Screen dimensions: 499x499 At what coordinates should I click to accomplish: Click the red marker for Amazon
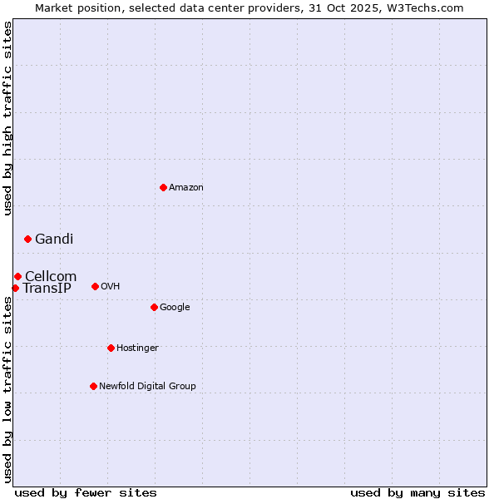[163, 187]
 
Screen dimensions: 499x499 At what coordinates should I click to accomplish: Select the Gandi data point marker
[27, 239]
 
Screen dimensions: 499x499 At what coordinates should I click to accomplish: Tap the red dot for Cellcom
[17, 276]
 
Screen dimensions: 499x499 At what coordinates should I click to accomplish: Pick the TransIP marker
[15, 288]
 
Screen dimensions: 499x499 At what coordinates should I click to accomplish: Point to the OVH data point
[95, 286]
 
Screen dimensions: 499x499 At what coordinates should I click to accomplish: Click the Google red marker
[154, 307]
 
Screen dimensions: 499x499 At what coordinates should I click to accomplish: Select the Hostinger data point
[111, 348]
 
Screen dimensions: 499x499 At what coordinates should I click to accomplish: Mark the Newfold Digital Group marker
[93, 386]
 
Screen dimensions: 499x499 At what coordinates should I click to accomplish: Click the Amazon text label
[186, 188]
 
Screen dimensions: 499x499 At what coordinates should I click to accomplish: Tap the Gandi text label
[54, 240]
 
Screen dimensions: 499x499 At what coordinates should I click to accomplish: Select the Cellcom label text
[51, 277]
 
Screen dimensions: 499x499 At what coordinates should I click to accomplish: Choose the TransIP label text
[47, 289]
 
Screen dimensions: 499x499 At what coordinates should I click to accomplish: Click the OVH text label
[111, 287]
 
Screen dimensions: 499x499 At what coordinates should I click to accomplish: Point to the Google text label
[175, 308]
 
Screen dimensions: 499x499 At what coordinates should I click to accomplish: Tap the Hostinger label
[137, 348]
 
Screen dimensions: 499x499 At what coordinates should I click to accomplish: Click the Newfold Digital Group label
[147, 387]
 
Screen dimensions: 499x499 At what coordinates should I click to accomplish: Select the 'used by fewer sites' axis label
[86, 492]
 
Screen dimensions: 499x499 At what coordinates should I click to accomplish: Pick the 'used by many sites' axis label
[417, 492]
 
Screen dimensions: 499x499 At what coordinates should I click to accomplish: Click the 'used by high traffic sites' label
[7, 119]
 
